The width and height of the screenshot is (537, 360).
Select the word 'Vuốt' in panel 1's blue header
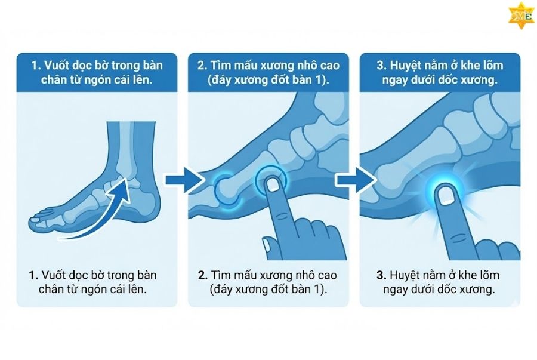coord(50,64)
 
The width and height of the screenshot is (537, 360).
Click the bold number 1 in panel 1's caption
coord(33,276)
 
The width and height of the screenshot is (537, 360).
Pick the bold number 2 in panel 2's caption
coord(203,276)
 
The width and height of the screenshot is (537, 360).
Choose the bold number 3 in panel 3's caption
coord(380,276)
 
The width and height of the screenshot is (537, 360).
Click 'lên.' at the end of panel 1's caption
coord(135,290)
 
